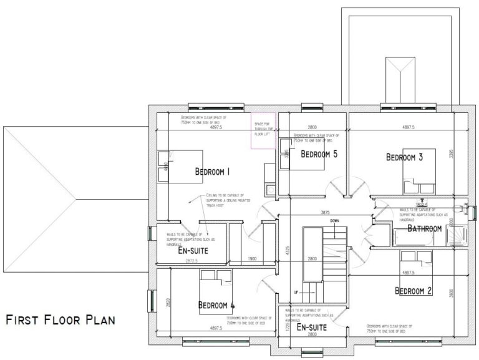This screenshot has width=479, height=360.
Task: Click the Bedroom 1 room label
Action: (213, 172)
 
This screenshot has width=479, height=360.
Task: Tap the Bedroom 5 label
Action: (319, 154)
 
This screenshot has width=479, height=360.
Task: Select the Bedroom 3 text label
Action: (404, 157)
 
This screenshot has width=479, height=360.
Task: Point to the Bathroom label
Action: (424, 229)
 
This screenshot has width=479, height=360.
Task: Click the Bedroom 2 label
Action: (414, 290)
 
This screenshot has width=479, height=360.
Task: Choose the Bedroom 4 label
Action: (216, 305)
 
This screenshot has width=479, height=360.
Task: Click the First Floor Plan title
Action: (60, 321)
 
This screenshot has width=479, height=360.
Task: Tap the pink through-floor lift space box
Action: (263, 131)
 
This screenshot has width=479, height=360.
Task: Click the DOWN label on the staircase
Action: (335, 221)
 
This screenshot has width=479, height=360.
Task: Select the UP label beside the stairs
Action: (297, 292)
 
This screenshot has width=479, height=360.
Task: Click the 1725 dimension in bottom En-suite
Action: (288, 326)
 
